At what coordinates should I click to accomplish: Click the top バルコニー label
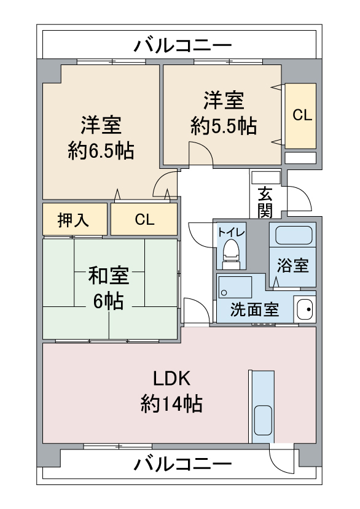(182, 45)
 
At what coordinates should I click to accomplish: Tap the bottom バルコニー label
(182, 464)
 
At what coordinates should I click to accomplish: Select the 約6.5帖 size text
(101, 150)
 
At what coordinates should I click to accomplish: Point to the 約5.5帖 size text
(224, 126)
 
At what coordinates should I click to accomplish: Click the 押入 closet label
(73, 220)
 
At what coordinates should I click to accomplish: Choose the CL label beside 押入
(144, 220)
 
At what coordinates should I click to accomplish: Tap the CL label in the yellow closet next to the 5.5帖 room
(302, 115)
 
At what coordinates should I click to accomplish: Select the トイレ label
(232, 232)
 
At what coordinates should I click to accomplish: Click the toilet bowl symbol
(232, 251)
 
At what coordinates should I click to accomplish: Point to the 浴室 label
(292, 265)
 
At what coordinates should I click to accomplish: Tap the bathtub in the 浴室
(294, 235)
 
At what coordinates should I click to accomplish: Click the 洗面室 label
(255, 309)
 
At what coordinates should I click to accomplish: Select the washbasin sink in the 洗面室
(305, 309)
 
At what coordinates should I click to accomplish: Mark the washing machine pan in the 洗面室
(235, 287)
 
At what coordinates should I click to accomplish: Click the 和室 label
(109, 275)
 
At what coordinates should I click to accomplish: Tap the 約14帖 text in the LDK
(171, 404)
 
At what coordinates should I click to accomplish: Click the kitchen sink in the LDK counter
(263, 420)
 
